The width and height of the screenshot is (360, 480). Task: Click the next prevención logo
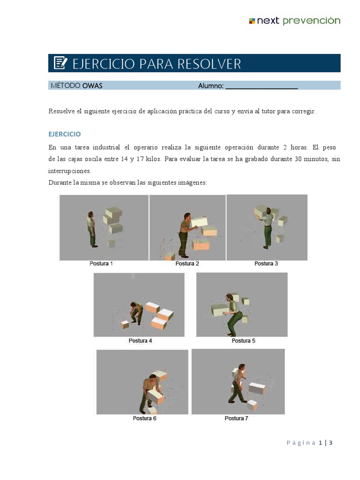[294, 21]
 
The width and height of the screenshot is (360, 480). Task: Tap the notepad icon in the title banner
[60, 63]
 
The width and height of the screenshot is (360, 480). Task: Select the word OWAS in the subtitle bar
[92, 86]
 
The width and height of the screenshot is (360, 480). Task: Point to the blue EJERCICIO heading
[65, 134]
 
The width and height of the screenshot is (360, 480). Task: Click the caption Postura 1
[101, 264]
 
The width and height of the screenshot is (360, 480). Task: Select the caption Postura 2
[187, 264]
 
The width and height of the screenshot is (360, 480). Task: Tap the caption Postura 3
[266, 264]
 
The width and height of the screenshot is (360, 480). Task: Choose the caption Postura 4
[140, 341]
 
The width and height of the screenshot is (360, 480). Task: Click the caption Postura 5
[243, 341]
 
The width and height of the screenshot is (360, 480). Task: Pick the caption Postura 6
[144, 418]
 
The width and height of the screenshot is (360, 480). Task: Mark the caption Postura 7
[236, 418]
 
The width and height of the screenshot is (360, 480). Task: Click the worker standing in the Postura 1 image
[92, 229]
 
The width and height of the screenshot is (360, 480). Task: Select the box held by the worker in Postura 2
[199, 220]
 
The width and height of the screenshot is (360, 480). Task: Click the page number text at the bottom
[309, 443]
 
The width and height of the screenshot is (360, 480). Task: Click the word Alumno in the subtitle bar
[210, 86]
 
